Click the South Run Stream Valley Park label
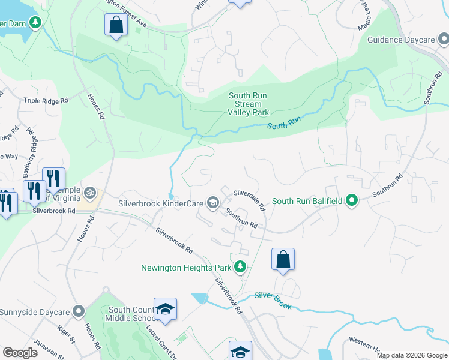pos(249,104)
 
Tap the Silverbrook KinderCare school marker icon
pos(212,203)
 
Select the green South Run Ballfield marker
pos(352,201)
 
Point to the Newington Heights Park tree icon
pos(240,266)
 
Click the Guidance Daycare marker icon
pos(442,40)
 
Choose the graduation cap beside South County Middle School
pos(165,309)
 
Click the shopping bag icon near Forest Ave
pos(116,25)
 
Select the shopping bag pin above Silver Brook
pos(283,259)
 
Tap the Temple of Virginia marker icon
pos(90,193)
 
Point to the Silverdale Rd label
pos(249,199)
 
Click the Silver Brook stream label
pos(273,301)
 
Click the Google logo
pos(20,353)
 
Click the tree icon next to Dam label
pos(36,23)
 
